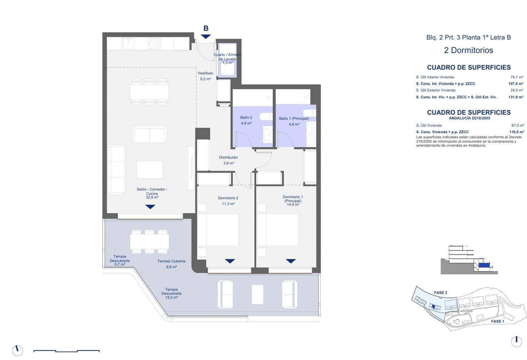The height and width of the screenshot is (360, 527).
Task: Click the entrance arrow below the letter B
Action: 206,36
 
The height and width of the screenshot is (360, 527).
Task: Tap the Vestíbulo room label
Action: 205,73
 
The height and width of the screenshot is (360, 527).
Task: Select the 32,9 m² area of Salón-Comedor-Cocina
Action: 152,198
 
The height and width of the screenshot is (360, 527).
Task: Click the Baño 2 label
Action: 246,118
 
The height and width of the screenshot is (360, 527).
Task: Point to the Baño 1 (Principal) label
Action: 294,119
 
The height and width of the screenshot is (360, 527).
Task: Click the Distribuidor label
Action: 228,157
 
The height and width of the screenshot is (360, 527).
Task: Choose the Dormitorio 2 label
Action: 228,198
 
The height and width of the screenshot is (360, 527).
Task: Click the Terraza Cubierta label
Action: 171,261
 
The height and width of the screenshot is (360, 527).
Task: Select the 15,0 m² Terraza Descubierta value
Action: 171,298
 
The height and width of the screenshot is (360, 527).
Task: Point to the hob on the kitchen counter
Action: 155,44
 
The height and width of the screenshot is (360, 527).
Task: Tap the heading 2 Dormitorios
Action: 469,50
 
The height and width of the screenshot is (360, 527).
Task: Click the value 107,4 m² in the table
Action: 516,84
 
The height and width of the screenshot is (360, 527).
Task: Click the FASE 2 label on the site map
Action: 440,292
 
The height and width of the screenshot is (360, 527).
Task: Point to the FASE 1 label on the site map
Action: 497,321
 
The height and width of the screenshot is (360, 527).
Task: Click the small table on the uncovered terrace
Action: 258,294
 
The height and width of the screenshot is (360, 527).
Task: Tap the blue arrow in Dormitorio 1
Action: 291,261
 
